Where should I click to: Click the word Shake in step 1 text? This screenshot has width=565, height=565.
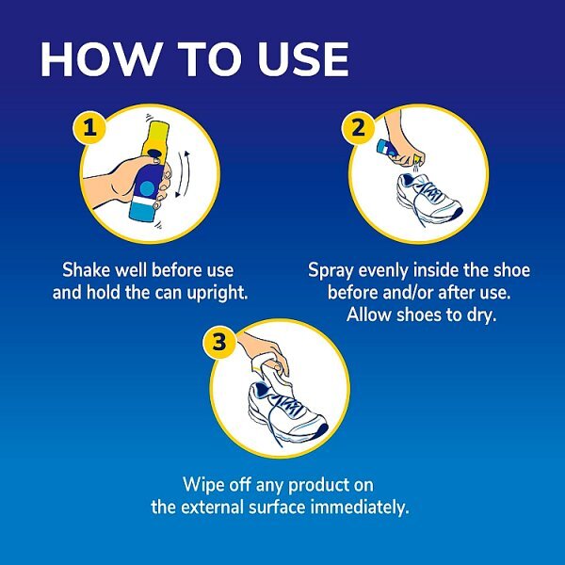point(85,270)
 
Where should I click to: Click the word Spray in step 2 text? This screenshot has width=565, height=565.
point(331,270)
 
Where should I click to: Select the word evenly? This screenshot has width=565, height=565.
point(386,270)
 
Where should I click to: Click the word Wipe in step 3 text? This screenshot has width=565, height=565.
point(204,486)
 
